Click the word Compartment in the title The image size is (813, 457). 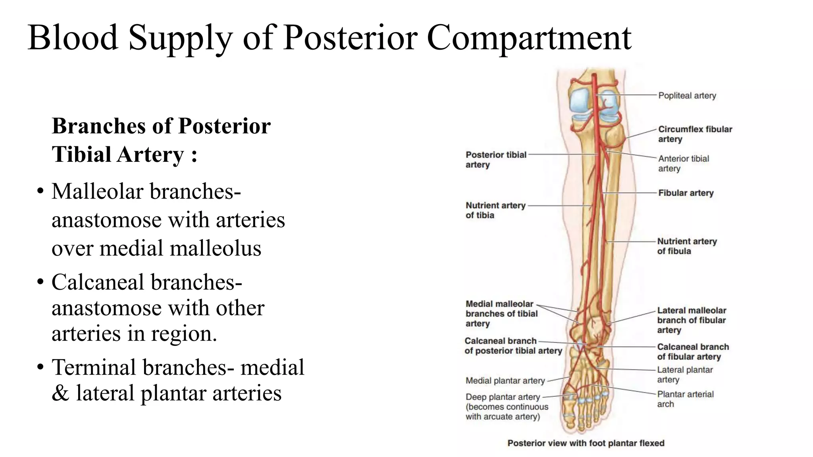pos(529,38)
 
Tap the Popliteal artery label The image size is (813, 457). pos(687,96)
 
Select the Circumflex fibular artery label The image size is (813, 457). pos(695,134)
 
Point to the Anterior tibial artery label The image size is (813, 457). pos(683,163)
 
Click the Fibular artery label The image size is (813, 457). pos(686,193)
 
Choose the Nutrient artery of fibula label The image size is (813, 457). pos(686,246)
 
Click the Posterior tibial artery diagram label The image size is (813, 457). pos(495,159)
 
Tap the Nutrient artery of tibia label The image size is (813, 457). pos(495,210)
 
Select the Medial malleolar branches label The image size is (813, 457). pos(501,313)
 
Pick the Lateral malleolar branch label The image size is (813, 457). pos(691,320)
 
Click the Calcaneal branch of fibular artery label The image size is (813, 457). pos(693,351)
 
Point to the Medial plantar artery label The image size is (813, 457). pos(505,381)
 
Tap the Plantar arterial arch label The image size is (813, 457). pos(685,399)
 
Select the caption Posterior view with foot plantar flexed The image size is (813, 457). pos(586,443)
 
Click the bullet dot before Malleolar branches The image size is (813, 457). pos(40,192)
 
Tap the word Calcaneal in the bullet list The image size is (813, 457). pos(97,282)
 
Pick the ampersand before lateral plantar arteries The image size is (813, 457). pos(60,393)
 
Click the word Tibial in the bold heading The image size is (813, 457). pos(81,154)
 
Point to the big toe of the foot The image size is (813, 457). pos(568,421)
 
